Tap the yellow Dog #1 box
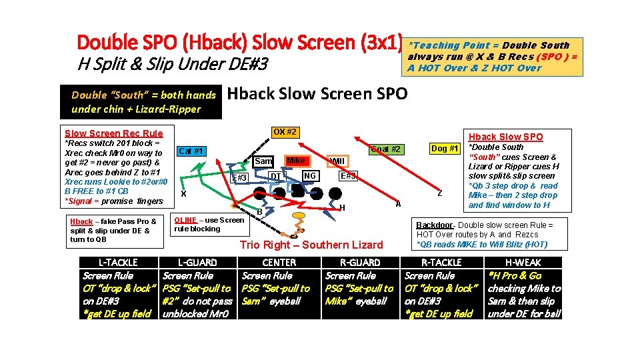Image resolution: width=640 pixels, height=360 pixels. pos(444,149)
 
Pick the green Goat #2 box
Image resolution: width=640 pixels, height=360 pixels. pos(386,149)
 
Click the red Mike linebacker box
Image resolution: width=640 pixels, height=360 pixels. pos(295,161)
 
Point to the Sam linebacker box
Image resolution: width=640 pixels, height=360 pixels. pos(264,161)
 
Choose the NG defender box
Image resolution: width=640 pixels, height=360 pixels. pos(309,175)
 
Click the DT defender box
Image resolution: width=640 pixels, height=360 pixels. pos(275,176)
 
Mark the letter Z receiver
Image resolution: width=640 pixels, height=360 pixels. pos(440,193)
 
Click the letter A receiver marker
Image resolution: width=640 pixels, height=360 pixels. pos(398,204)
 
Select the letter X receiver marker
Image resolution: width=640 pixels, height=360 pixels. pos(183,193)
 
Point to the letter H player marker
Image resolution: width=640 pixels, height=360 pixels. pos(342,208)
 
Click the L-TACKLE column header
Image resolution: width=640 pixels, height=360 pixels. pos(118,263)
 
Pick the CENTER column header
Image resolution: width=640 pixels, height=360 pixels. pos(279,263)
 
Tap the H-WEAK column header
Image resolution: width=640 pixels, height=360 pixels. pos(523,263)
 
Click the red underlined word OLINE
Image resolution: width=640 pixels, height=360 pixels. pos(185,220)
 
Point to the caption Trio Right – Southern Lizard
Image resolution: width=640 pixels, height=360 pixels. pos(311,245)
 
